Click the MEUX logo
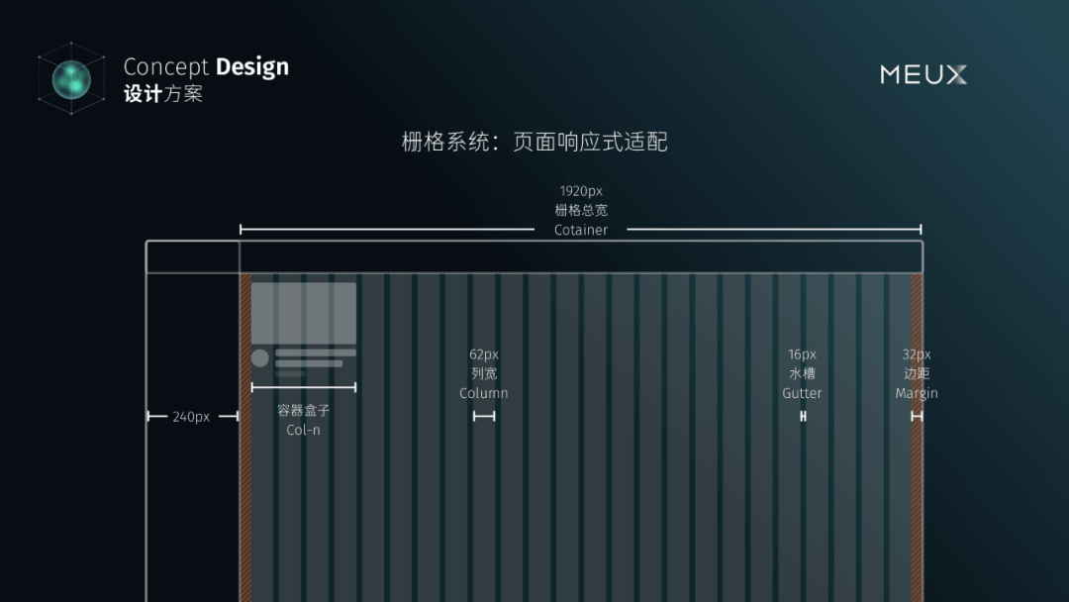[923, 74]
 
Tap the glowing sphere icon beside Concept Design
[71, 78]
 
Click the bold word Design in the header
[251, 67]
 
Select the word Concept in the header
[166, 67]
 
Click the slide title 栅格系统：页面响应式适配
[534, 142]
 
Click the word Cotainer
[581, 230]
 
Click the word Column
[484, 393]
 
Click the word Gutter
[802, 393]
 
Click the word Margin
[917, 393]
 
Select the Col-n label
[303, 430]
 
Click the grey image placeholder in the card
[303, 313]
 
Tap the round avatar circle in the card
[260, 357]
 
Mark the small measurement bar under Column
[484, 417]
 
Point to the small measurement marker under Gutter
[803, 417]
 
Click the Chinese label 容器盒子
[303, 410]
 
